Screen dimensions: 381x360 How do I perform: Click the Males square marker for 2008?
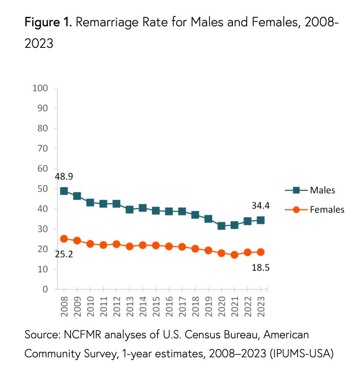pos(64,191)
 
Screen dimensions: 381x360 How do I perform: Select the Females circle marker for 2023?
pos(260,252)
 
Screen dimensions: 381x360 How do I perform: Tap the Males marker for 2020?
pos(221,226)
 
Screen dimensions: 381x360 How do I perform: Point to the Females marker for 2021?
pos(234,255)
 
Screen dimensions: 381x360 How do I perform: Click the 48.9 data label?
pos(64,177)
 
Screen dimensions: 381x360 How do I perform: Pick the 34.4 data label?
pos(261,206)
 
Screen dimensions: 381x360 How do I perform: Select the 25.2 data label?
pos(64,254)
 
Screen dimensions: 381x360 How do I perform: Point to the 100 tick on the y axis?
pos(40,88)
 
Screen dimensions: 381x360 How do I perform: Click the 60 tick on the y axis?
pos(42,169)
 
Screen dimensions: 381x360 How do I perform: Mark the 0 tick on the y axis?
pos(44,290)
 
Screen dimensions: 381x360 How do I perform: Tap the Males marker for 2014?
pos(143,208)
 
